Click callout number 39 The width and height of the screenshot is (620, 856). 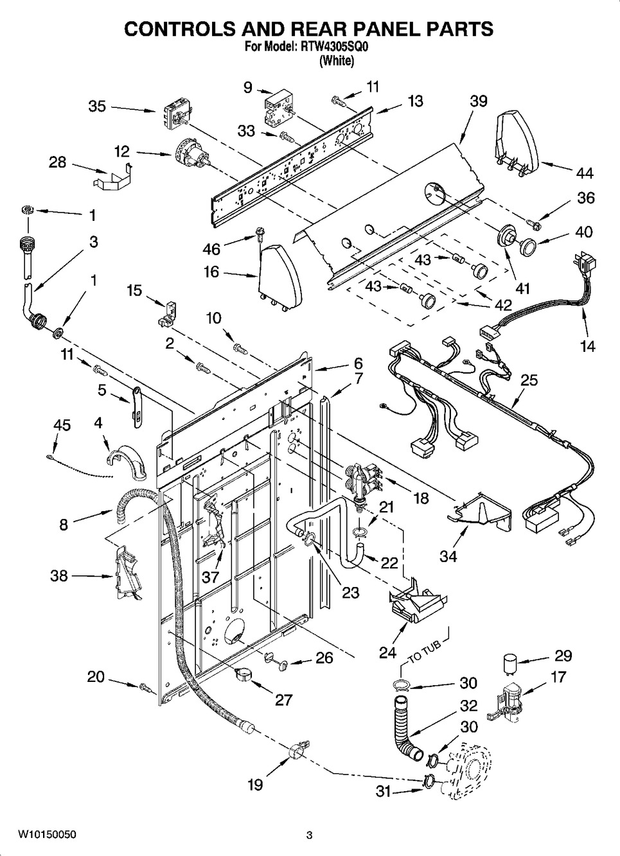[479, 101]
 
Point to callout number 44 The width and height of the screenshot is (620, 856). [584, 173]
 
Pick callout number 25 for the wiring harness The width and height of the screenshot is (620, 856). [529, 380]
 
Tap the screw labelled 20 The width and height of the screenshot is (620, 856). [145, 687]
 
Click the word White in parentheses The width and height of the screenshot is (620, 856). [336, 61]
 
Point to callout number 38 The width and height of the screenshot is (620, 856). [59, 575]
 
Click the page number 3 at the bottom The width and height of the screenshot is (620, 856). [309, 835]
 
